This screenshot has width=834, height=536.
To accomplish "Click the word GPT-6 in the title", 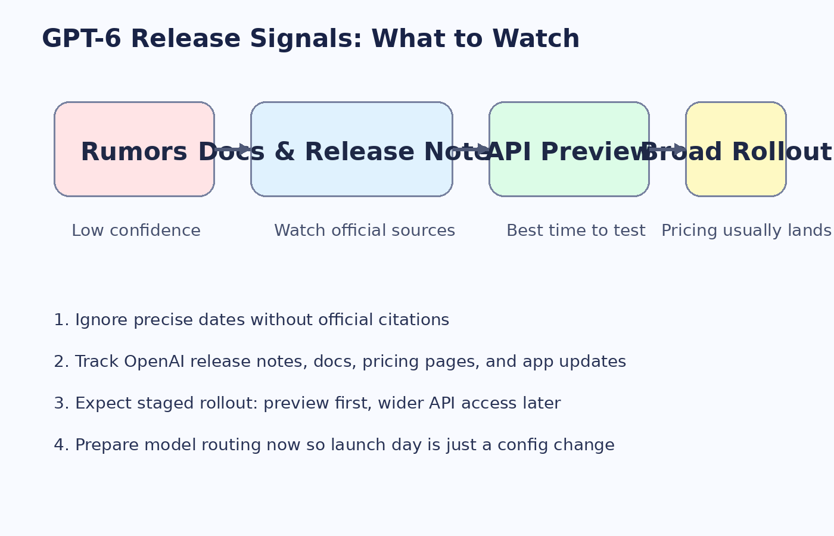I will pyautogui.click(x=81, y=39).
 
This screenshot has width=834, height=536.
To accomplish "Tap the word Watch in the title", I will pyautogui.click(x=536, y=39).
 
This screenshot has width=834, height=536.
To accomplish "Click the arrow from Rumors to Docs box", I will pyautogui.click(x=233, y=149).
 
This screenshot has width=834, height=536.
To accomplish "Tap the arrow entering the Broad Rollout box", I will pyautogui.click(x=668, y=149).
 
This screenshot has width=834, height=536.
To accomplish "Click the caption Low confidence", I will pyautogui.click(x=136, y=231).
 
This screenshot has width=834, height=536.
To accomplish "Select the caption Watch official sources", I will pyautogui.click(x=365, y=231).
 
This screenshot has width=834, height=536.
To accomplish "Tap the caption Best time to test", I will pyautogui.click(x=575, y=231).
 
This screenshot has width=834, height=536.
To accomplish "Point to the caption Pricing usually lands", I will pyautogui.click(x=746, y=231).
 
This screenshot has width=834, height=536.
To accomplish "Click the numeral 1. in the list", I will pyautogui.click(x=61, y=320).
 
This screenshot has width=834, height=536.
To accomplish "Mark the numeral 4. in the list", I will pyautogui.click(x=61, y=445).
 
